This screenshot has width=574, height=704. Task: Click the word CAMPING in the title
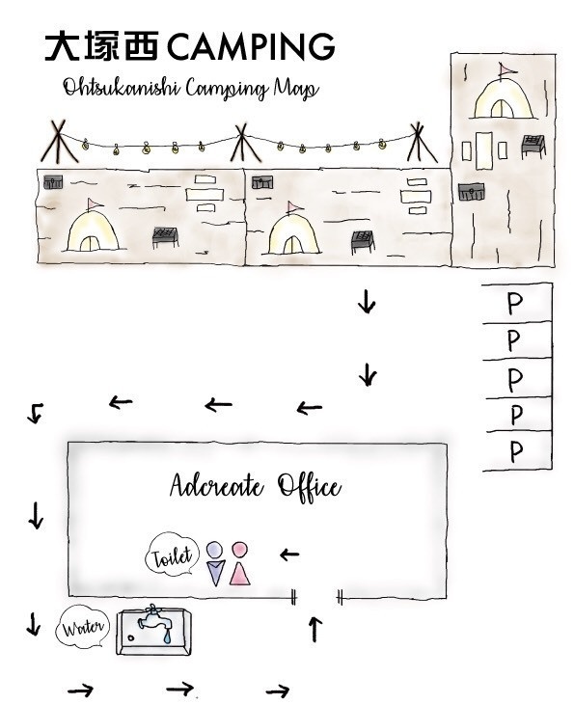point(251,45)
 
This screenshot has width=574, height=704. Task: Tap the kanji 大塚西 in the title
point(101,45)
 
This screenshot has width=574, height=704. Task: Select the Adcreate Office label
point(255,486)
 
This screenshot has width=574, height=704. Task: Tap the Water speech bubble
point(83,627)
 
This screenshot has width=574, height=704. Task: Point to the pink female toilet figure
point(239,563)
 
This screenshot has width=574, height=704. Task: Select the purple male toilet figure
point(215,564)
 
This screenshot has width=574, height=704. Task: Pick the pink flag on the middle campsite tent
point(293,207)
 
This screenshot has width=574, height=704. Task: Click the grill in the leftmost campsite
point(165,237)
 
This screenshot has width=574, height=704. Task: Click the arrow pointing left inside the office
point(289,555)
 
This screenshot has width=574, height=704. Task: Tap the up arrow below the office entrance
point(315,629)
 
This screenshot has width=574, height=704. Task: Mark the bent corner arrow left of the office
point(36,413)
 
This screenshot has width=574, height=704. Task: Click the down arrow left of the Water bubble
point(33,624)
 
